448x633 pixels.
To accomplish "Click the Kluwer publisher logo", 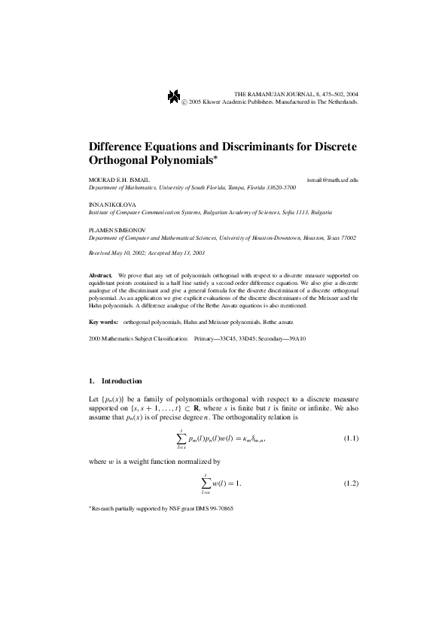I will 175,95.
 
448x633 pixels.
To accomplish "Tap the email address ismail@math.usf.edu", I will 333,180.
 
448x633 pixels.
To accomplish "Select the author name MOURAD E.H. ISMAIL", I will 117,180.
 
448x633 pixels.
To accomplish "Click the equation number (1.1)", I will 350,438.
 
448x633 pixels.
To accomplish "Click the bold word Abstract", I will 99,276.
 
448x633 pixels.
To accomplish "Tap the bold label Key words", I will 103,321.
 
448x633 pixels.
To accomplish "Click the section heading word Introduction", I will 121,381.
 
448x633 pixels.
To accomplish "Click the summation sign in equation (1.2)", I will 206,481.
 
